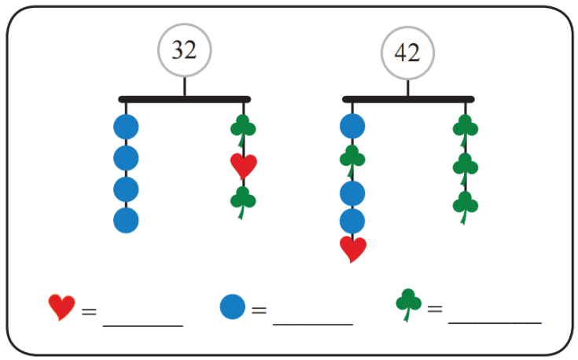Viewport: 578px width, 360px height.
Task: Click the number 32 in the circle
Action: pos(184,50)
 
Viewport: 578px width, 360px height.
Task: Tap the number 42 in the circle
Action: pos(407,53)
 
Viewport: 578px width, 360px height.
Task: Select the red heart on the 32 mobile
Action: pos(244,166)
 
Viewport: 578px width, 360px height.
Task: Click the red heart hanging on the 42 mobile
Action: pos(352,248)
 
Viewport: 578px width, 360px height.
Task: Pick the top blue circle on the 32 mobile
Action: pos(126,127)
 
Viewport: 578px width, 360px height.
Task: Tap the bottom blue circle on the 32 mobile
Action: pos(126,220)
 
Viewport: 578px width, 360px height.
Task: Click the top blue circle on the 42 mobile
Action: pos(352,127)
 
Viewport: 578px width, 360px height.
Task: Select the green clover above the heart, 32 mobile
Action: pos(244,127)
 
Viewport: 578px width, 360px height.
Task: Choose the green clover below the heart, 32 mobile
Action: pos(244,200)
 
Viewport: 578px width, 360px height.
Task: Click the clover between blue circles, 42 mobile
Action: pos(352,159)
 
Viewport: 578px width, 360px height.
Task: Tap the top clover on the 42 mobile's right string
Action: pos(466,127)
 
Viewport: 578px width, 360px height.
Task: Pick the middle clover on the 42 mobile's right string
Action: pos(466,167)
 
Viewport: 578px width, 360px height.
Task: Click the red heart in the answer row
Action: pos(62,307)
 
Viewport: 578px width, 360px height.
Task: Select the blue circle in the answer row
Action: pos(232,307)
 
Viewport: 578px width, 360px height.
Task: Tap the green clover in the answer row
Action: pos(408,304)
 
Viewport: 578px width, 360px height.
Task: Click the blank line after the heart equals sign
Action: pos(143,321)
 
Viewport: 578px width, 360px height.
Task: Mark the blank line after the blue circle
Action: pos(313,321)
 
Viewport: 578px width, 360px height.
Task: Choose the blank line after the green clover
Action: pos(495,321)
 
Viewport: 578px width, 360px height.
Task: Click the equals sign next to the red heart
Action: pos(89,310)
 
